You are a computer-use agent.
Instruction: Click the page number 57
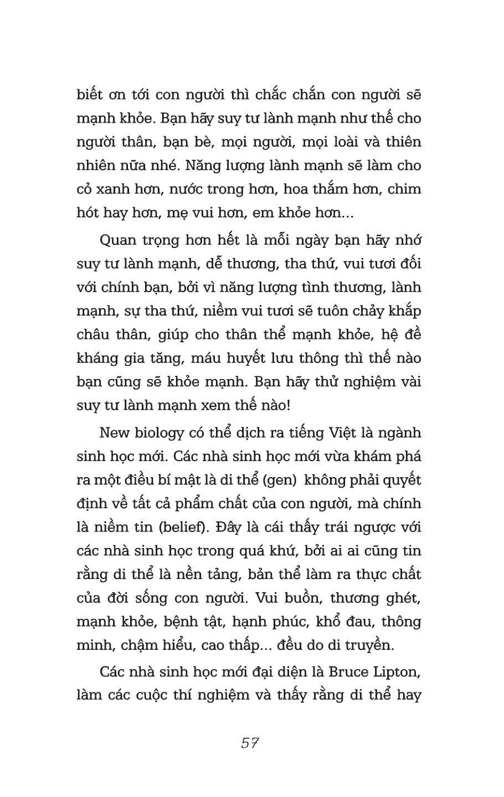pos(250,743)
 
